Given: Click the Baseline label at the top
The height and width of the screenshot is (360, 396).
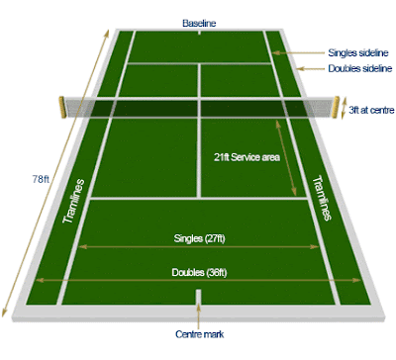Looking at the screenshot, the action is click(199, 23).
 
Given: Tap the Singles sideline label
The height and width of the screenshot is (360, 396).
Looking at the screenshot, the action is click(358, 52).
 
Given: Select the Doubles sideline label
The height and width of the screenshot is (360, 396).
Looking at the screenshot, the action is click(360, 68).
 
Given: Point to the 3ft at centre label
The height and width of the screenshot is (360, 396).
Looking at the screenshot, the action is click(371, 110).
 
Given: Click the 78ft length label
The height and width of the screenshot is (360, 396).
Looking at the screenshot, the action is click(41, 179).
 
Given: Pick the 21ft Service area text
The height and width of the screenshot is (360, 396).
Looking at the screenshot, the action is click(247, 157).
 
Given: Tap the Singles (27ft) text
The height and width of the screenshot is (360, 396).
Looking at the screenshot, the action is click(199, 238).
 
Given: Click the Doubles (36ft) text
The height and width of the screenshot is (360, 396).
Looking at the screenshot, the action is click(199, 273).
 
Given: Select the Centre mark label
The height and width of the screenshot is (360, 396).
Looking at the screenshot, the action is click(199, 334).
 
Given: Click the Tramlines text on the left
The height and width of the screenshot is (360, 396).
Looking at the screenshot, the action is click(73, 201).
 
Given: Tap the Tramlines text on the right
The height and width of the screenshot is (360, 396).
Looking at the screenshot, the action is click(322, 198).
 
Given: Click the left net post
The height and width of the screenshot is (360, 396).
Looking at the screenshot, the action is click(61, 107).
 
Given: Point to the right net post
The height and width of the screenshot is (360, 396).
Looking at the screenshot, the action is click(337, 107).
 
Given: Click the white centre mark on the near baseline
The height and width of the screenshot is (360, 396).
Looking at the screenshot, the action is click(198, 297).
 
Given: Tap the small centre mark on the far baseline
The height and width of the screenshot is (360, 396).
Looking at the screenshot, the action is click(199, 33).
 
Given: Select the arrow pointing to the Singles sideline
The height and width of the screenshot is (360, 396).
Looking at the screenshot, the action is click(299, 52).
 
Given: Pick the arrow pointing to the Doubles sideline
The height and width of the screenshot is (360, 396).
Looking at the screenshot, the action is click(310, 68).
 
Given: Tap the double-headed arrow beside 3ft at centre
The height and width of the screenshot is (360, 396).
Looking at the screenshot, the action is click(344, 108).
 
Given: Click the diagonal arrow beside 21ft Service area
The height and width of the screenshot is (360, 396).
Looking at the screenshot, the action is click(286, 157).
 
